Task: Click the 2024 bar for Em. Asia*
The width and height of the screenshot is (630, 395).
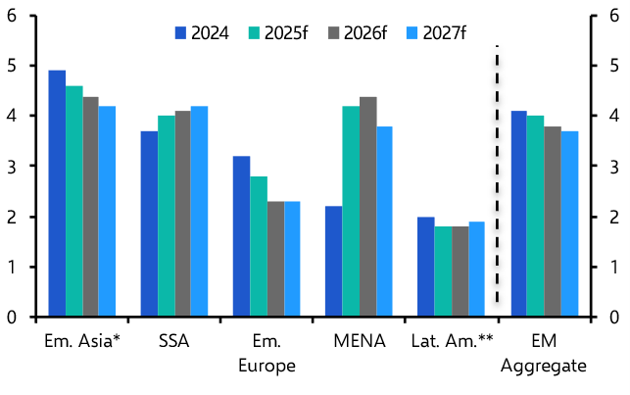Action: (57, 194)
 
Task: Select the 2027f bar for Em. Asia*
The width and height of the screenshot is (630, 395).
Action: (107, 212)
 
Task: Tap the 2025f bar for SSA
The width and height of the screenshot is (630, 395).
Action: (167, 217)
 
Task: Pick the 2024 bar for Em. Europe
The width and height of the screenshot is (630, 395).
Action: (241, 236)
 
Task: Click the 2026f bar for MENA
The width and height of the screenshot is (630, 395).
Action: (367, 207)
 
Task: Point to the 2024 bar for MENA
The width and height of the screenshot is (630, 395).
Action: (333, 262)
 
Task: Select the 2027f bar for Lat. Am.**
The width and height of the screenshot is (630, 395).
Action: (476, 270)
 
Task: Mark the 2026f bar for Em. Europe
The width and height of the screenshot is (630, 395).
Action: (275, 259)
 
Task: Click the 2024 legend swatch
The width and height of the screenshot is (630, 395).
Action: (181, 33)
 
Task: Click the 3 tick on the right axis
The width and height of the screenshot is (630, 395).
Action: (613, 167)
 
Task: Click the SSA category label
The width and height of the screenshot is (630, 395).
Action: (173, 342)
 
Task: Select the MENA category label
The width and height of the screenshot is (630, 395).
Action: (359, 342)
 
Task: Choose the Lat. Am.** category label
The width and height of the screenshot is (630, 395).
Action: (451, 342)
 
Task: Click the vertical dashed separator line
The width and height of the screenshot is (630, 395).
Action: (497, 176)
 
